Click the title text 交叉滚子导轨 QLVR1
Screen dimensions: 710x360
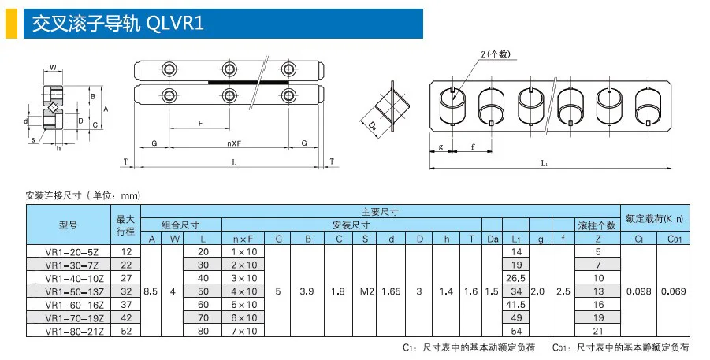pyautogui.click(x=117, y=24)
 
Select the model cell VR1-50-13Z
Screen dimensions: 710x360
pyautogui.click(x=74, y=291)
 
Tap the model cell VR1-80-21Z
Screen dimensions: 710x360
pyautogui.click(x=74, y=332)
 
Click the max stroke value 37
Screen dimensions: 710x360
pyautogui.click(x=126, y=305)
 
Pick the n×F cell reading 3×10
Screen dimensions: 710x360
pyautogui.click(x=244, y=279)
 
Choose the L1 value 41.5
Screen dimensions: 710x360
pyautogui.click(x=516, y=305)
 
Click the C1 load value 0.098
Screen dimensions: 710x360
pyautogui.click(x=638, y=291)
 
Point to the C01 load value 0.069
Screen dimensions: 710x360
pyautogui.click(x=673, y=291)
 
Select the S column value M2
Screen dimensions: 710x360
pyautogui.click(x=366, y=291)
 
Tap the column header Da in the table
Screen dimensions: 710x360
pyautogui.click(x=493, y=239)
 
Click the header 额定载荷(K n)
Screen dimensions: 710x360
pyautogui.click(x=655, y=219)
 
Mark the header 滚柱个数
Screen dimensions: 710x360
pyautogui.click(x=597, y=225)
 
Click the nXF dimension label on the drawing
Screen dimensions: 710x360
pyautogui.click(x=234, y=143)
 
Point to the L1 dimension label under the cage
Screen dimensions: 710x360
pyautogui.click(x=545, y=164)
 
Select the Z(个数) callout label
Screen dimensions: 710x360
pyautogui.click(x=496, y=54)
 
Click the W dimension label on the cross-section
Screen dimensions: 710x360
pyautogui.click(x=53, y=68)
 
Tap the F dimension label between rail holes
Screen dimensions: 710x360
pyautogui.click(x=200, y=124)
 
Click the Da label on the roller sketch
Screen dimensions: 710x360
pyautogui.click(x=371, y=125)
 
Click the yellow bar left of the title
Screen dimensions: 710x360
pyautogui.click(x=11, y=24)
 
